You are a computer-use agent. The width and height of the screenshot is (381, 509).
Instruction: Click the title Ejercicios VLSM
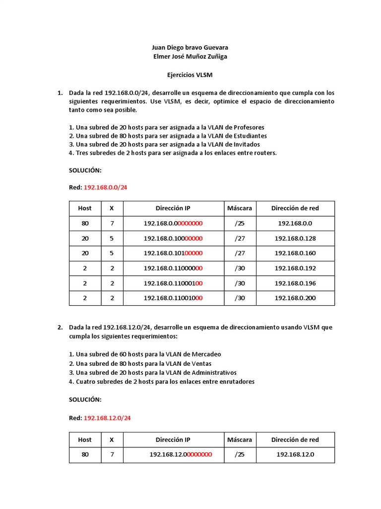click(x=190, y=74)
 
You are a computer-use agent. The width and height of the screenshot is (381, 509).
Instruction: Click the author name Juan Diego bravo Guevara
click(x=190, y=48)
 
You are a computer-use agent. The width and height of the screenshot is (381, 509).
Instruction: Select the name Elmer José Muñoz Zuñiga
click(x=190, y=57)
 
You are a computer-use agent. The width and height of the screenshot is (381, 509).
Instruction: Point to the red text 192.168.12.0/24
click(x=107, y=418)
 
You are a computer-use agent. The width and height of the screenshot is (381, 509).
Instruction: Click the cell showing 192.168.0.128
click(x=295, y=239)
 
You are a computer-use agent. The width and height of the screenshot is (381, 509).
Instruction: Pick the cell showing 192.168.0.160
click(x=295, y=254)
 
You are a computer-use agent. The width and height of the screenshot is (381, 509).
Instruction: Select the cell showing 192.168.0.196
click(x=295, y=283)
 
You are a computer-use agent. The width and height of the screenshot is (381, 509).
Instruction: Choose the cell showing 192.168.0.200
click(x=295, y=298)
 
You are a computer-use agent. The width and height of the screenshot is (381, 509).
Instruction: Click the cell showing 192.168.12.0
click(x=295, y=455)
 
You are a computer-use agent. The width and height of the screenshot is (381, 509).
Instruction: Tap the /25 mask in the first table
click(x=240, y=224)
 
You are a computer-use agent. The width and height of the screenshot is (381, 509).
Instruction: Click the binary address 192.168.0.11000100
click(x=173, y=283)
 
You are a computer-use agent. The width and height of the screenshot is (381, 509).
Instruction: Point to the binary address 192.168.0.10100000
click(x=173, y=254)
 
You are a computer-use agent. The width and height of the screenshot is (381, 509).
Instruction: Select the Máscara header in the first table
click(x=240, y=208)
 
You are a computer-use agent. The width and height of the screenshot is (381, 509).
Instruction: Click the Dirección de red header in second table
click(x=295, y=440)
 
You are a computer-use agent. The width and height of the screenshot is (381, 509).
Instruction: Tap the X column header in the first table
click(x=112, y=208)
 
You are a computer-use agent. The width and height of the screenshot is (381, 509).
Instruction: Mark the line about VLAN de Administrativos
click(x=153, y=372)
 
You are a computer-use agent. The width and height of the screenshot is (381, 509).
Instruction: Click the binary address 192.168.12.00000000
click(x=181, y=455)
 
